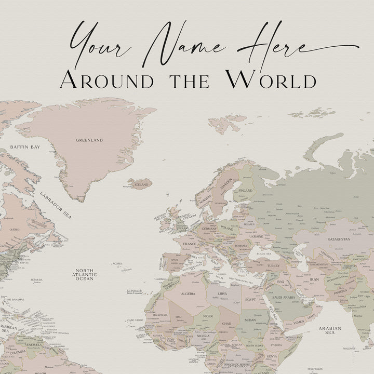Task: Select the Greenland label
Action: [89, 140]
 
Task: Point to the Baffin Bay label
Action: [25, 148]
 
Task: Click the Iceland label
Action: [141, 184]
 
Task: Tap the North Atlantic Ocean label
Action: [85, 275]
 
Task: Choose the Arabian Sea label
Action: [331, 332]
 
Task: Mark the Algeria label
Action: [188, 293]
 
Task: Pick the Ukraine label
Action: [256, 236]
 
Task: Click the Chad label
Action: [228, 324]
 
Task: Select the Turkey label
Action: [273, 265]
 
